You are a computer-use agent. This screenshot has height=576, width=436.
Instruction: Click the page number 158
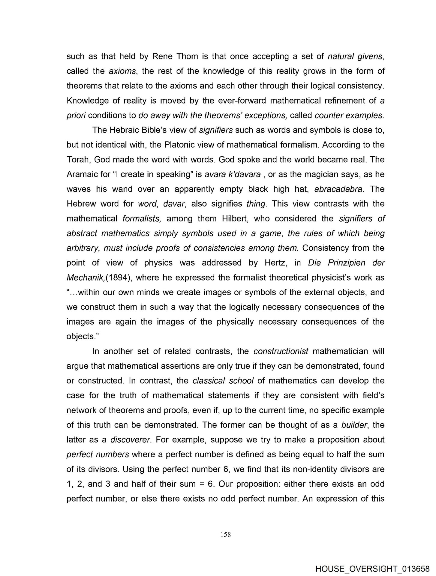pos(225,534)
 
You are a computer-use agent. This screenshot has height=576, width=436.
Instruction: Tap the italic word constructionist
pos(281,351)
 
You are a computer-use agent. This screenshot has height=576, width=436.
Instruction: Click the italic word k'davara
pos(243,174)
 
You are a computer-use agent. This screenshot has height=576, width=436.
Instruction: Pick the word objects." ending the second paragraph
pos(83,337)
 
